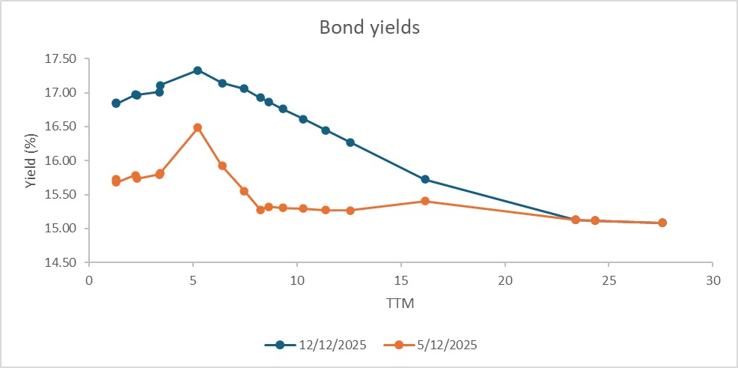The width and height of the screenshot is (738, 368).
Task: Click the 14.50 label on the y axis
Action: (x=61, y=263)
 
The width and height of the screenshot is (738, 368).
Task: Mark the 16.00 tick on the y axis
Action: (x=61, y=161)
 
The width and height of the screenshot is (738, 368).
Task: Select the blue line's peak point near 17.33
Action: (x=198, y=70)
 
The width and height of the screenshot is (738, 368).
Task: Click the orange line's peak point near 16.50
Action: (x=198, y=127)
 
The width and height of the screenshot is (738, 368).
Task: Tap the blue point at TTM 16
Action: (x=425, y=179)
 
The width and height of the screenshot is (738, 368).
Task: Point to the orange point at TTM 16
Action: (x=425, y=201)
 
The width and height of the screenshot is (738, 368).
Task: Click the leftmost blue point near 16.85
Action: (x=116, y=103)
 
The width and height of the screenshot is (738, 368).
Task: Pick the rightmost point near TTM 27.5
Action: (x=662, y=223)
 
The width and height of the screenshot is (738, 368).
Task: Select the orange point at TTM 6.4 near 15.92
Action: (x=222, y=166)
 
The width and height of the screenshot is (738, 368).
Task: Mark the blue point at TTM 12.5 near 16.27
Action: (x=350, y=142)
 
